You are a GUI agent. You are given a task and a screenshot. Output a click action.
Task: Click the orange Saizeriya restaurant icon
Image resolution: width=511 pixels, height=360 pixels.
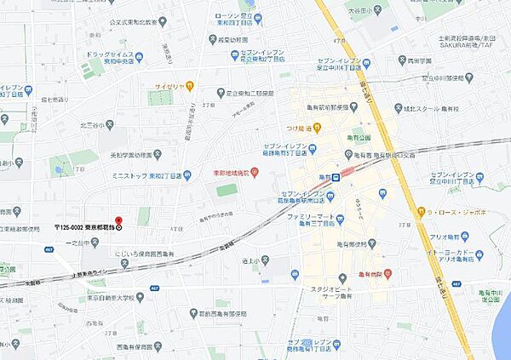[x=190, y=85]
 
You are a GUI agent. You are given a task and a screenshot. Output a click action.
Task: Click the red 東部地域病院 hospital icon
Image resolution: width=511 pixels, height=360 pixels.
[x=254, y=175]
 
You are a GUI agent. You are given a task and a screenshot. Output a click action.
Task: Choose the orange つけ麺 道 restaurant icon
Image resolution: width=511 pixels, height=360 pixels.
[x=316, y=129]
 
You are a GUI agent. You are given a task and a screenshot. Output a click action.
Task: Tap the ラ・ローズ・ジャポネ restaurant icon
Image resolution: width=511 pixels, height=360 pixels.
[x=420, y=211]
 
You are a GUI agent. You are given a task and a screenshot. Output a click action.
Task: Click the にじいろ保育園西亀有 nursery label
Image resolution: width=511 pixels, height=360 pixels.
[x=146, y=253]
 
